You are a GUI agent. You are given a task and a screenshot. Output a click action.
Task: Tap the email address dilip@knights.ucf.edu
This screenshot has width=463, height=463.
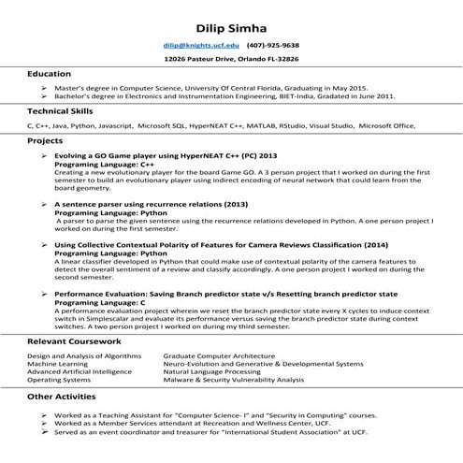coord(200,44)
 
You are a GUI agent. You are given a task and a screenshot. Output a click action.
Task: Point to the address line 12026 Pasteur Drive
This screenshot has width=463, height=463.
coord(231,58)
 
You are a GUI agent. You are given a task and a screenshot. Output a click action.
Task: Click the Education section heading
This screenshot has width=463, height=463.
coord(48,74)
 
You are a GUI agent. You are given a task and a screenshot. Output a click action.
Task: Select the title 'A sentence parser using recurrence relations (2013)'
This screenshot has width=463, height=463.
coord(150,203)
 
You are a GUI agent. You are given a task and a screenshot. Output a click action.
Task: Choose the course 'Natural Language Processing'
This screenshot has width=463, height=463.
coord(211,372)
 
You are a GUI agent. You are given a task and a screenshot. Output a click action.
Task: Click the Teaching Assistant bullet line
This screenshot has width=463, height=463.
coord(213,412)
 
